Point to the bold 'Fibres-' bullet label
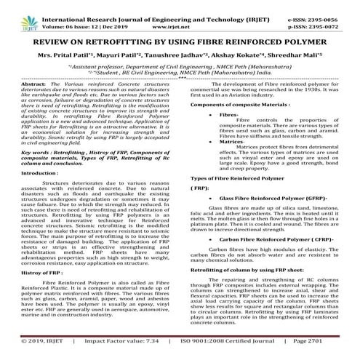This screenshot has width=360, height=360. click(228, 116)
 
